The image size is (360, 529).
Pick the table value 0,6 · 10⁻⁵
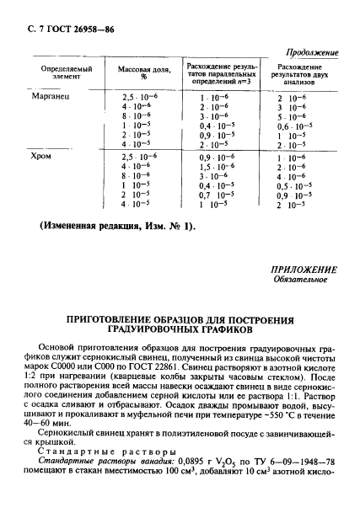tap(294, 126)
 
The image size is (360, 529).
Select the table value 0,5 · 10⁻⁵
tap(294, 185)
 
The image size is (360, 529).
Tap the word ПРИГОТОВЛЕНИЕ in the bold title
tap(116, 320)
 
